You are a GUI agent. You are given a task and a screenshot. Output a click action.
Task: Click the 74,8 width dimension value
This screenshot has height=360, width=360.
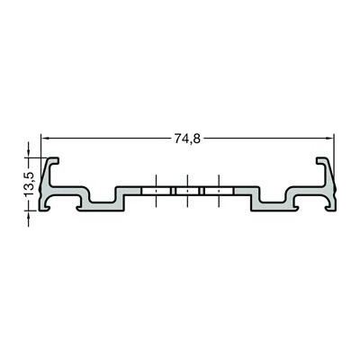coord(187,139)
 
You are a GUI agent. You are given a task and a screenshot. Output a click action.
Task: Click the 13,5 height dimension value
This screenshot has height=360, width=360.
coord(30,184)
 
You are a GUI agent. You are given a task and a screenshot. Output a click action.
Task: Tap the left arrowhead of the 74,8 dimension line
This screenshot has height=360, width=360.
coord(45,139)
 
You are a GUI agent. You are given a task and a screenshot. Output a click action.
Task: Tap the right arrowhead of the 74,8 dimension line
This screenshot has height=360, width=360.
coord(329,139)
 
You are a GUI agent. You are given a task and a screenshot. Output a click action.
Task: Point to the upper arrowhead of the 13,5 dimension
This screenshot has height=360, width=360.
coord(29,153)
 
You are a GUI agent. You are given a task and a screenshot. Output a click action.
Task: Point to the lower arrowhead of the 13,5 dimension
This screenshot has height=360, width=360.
coord(29,215)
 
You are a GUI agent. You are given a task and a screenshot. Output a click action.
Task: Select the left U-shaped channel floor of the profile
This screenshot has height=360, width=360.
coord(103,204)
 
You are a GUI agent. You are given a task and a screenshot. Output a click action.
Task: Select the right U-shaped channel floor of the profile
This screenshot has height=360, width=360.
coord(273,204)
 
